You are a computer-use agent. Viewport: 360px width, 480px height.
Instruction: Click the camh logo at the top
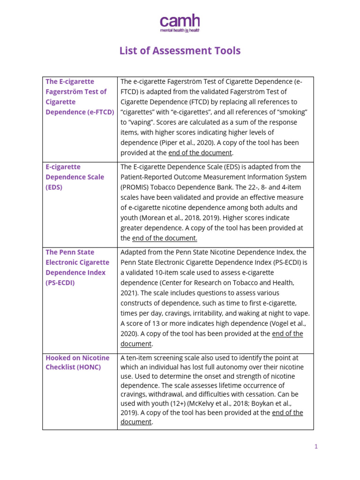coord(180,21)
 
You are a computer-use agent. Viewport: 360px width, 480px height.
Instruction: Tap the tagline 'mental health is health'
coord(180,30)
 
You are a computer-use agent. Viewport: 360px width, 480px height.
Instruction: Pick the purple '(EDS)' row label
coord(54,187)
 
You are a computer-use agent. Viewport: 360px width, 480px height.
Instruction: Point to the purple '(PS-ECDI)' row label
coord(60,283)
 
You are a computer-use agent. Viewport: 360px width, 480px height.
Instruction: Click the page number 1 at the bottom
coord(316,447)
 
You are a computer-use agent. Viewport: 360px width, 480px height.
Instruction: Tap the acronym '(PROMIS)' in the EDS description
coord(136,187)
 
